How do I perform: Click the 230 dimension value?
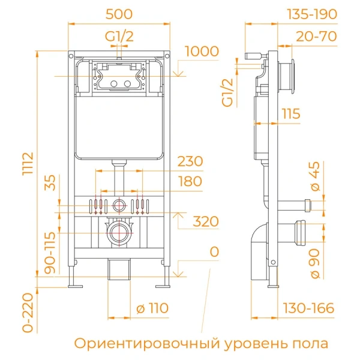[190, 161]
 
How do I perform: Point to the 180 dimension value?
[190, 181]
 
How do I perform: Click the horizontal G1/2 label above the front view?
[119, 36]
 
